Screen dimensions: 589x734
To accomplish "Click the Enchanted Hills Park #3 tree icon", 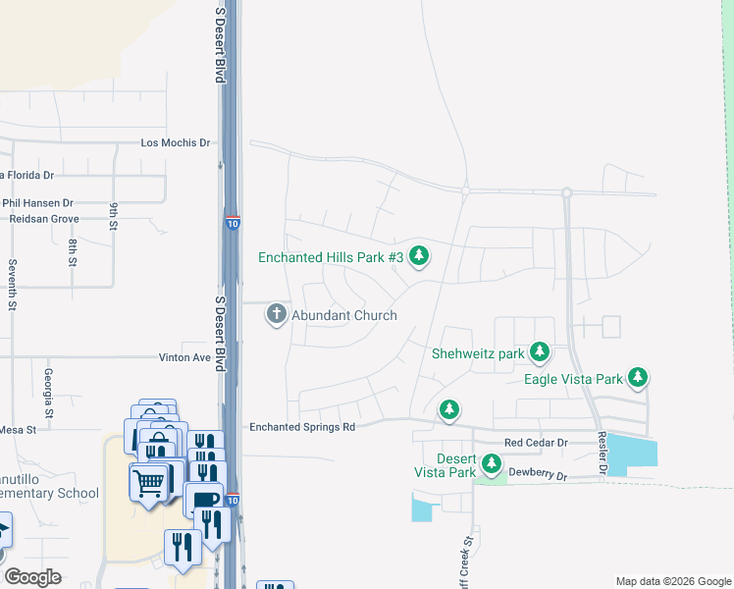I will pyautogui.click(x=420, y=256).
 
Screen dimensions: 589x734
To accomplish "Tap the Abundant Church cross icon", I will pyautogui.click(x=276, y=315).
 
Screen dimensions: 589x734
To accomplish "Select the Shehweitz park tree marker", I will pyautogui.click(x=539, y=352).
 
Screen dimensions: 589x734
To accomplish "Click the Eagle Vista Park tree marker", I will pyautogui.click(x=638, y=377).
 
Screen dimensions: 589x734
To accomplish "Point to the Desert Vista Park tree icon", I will pyautogui.click(x=492, y=463).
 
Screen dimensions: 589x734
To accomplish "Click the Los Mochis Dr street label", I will pyautogui.click(x=176, y=142).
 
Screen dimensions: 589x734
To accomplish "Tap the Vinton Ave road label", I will pyautogui.click(x=185, y=358).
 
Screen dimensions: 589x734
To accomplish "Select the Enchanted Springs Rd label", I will pyautogui.click(x=301, y=427).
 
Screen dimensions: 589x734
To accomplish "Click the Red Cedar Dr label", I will pyautogui.click(x=536, y=443).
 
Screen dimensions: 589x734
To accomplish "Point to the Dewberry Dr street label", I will pyautogui.click(x=536, y=475).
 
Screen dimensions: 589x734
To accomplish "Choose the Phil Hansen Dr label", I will pyautogui.click(x=37, y=203).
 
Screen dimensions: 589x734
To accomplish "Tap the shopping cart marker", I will pyautogui.click(x=148, y=481).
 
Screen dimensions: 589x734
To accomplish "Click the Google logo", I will pyautogui.click(x=31, y=576).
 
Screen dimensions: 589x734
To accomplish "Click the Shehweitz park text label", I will pyautogui.click(x=478, y=353).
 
